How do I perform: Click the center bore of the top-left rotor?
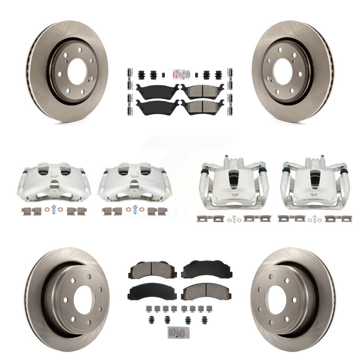(x=77, y=71)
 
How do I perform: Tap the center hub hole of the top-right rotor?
(x=283, y=71)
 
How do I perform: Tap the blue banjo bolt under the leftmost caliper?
(x=54, y=208)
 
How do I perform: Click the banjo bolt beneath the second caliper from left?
(x=135, y=208)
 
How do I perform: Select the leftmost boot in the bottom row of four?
(x=149, y=319)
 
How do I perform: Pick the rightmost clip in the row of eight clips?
(x=210, y=309)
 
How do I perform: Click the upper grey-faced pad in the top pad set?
(x=202, y=90)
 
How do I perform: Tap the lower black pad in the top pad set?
(x=157, y=107)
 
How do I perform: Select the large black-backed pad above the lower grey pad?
(x=206, y=270)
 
